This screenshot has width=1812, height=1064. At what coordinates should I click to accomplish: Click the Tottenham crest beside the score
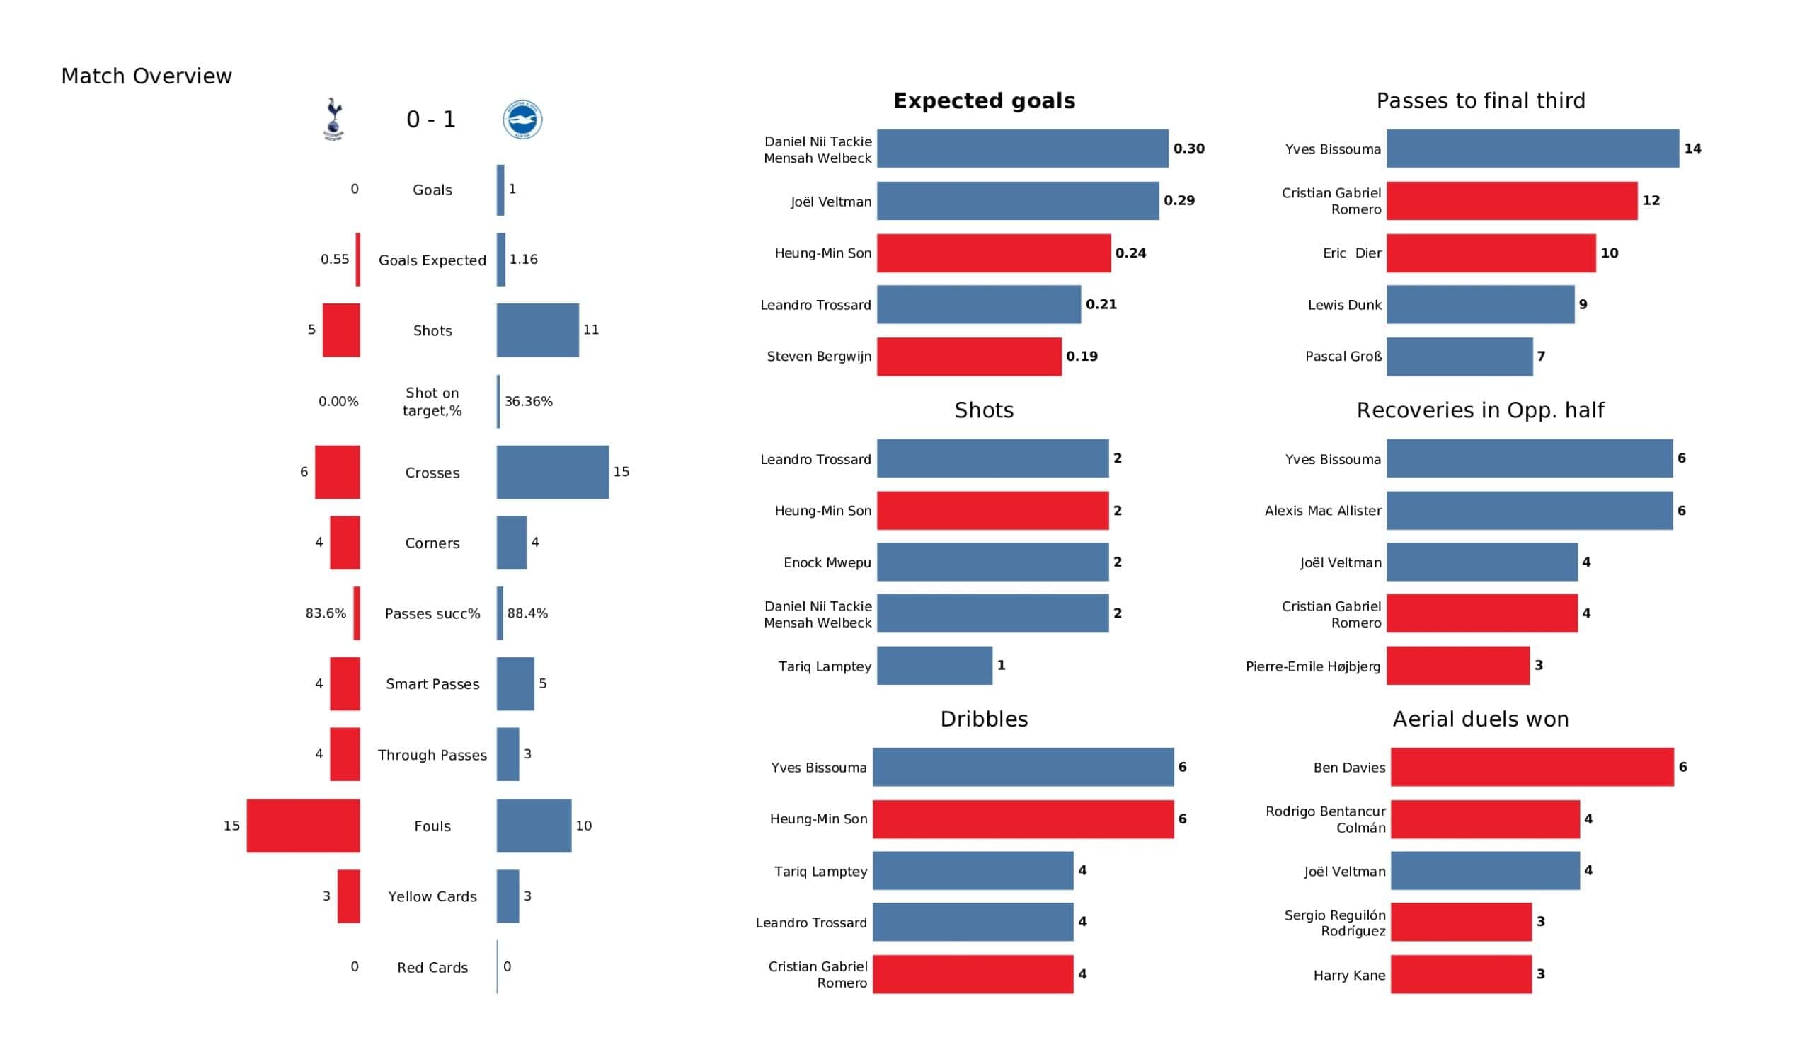pos(333,119)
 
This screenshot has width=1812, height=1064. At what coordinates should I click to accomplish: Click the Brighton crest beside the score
pos(522,120)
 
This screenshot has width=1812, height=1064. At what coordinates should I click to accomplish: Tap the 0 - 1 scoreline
pos(431,120)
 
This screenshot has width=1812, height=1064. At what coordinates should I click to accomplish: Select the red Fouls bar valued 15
pos(303,826)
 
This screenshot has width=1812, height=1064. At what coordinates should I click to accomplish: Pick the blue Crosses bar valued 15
pos(552,472)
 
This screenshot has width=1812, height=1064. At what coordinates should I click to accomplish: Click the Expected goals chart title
pos(984,100)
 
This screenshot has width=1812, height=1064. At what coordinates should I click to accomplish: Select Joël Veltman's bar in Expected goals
pos(1017,201)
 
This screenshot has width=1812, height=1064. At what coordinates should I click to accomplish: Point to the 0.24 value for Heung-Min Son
pos(1130,253)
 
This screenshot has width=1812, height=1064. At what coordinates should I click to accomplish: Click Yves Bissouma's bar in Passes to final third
pos(1532,149)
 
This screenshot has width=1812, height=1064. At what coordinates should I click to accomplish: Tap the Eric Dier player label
pos(1352,253)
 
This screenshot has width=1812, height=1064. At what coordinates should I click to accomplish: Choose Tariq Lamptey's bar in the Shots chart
pos(934,665)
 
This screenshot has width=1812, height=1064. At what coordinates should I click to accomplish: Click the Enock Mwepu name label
pos(827,562)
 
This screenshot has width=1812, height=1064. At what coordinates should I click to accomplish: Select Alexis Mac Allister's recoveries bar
pos(1530,511)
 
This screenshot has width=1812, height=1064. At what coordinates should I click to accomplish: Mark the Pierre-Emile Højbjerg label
pos(1312,666)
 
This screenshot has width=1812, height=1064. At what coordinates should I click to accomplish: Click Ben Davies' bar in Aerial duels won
pos(1532,767)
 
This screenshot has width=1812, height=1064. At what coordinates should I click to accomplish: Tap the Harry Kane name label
pos(1349,975)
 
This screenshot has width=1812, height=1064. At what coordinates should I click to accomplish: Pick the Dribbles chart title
pos(984,719)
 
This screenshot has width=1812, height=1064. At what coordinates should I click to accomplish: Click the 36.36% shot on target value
pos(529,401)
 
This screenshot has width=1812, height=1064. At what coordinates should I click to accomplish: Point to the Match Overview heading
pos(147,76)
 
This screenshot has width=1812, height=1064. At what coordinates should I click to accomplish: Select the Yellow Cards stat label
pos(432,896)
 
